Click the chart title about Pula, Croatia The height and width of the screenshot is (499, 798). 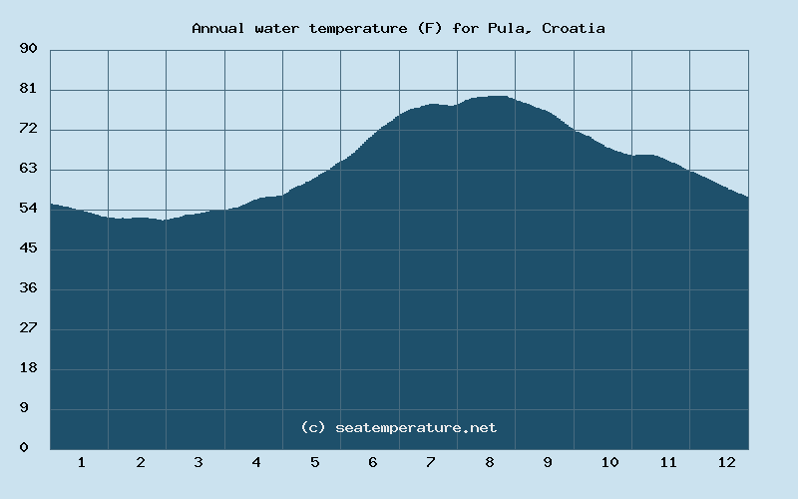[x=398, y=28]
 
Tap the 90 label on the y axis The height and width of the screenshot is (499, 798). [x=28, y=49]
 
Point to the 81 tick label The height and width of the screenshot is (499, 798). [x=28, y=89]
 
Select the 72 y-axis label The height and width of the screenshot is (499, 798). [x=28, y=129]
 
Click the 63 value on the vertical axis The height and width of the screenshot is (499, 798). [x=28, y=169]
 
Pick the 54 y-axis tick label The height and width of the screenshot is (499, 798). [x=28, y=209]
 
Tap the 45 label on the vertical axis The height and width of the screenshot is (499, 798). [x=28, y=249]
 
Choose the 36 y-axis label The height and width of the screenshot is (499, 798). [x=28, y=288]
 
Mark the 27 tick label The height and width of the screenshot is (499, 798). [x=28, y=328]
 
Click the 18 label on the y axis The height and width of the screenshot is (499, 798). [x=28, y=368]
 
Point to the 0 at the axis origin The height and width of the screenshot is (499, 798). [x=24, y=448]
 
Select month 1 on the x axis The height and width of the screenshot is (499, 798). [x=81, y=462]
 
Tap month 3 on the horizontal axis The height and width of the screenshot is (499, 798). [x=199, y=462]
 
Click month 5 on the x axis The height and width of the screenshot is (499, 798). [x=314, y=462]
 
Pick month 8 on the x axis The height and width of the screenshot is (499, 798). [x=490, y=462]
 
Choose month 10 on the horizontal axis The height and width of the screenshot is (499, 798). [x=609, y=462]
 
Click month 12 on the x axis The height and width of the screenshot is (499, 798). [x=726, y=462]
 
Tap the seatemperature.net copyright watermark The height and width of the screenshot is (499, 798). [x=398, y=427]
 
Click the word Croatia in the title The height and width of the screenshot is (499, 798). [x=574, y=28]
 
